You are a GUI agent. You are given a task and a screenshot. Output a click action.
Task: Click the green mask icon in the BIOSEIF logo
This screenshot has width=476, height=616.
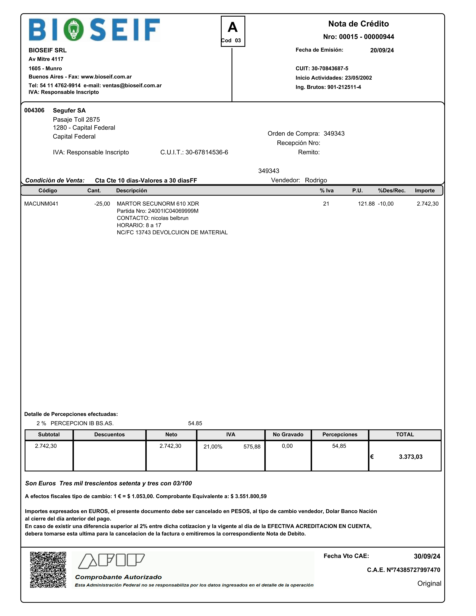tap(73, 29)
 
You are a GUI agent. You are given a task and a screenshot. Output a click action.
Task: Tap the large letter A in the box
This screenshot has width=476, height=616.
tap(233, 27)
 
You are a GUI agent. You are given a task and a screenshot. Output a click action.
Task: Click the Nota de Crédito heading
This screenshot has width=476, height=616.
tap(358, 24)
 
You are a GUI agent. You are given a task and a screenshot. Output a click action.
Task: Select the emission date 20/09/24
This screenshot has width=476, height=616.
tap(382, 50)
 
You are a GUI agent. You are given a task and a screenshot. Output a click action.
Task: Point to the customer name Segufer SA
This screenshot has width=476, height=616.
tap(69, 110)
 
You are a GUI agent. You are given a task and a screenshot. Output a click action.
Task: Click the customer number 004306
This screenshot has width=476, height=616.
tap(34, 110)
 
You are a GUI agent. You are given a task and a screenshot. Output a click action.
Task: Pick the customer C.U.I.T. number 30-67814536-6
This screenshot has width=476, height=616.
tap(207, 152)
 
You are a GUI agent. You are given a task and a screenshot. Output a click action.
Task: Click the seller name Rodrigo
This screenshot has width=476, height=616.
tap(316, 180)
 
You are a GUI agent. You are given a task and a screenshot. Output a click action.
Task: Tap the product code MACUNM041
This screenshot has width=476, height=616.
tap(41, 204)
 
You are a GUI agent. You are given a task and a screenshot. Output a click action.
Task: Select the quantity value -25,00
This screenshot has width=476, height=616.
tap(102, 204)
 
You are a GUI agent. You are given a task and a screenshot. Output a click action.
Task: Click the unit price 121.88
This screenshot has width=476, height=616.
tap(366, 204)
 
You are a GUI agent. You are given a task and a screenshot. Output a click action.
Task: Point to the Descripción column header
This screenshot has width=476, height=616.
tap(131, 190)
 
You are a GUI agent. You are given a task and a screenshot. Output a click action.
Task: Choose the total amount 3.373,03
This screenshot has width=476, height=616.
tap(411, 457)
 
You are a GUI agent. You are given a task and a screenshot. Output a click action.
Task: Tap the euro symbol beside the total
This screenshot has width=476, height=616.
tap(372, 457)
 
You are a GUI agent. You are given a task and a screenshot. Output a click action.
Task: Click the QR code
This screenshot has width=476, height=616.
tap(48, 570)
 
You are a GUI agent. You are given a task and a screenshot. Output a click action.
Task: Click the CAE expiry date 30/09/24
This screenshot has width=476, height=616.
tap(427, 556)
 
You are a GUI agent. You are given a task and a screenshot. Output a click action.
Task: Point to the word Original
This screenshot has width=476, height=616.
tap(429, 583)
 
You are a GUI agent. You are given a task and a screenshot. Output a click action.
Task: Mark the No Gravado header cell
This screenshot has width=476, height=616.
tap(288, 434)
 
